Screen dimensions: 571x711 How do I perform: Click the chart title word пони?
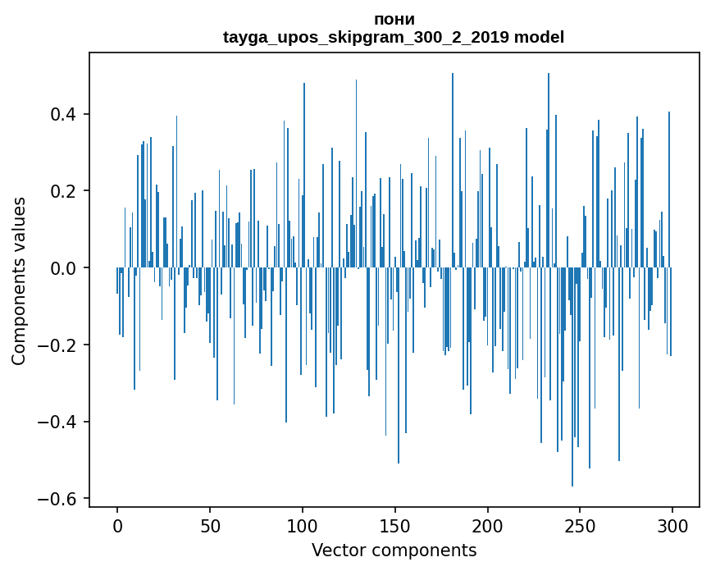394,20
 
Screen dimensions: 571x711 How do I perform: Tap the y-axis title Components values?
19,281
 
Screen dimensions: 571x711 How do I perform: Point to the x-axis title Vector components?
394,550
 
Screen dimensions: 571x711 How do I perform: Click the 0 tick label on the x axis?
117,525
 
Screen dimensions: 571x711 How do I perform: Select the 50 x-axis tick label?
210,525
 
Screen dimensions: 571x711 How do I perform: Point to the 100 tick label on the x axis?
303,525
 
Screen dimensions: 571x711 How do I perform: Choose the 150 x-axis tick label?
395,525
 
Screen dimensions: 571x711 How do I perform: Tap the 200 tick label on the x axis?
488,525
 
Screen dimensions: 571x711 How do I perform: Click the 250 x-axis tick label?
581,525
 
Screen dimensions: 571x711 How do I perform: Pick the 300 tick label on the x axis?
673,525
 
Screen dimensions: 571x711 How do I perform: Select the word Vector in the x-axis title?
335,550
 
